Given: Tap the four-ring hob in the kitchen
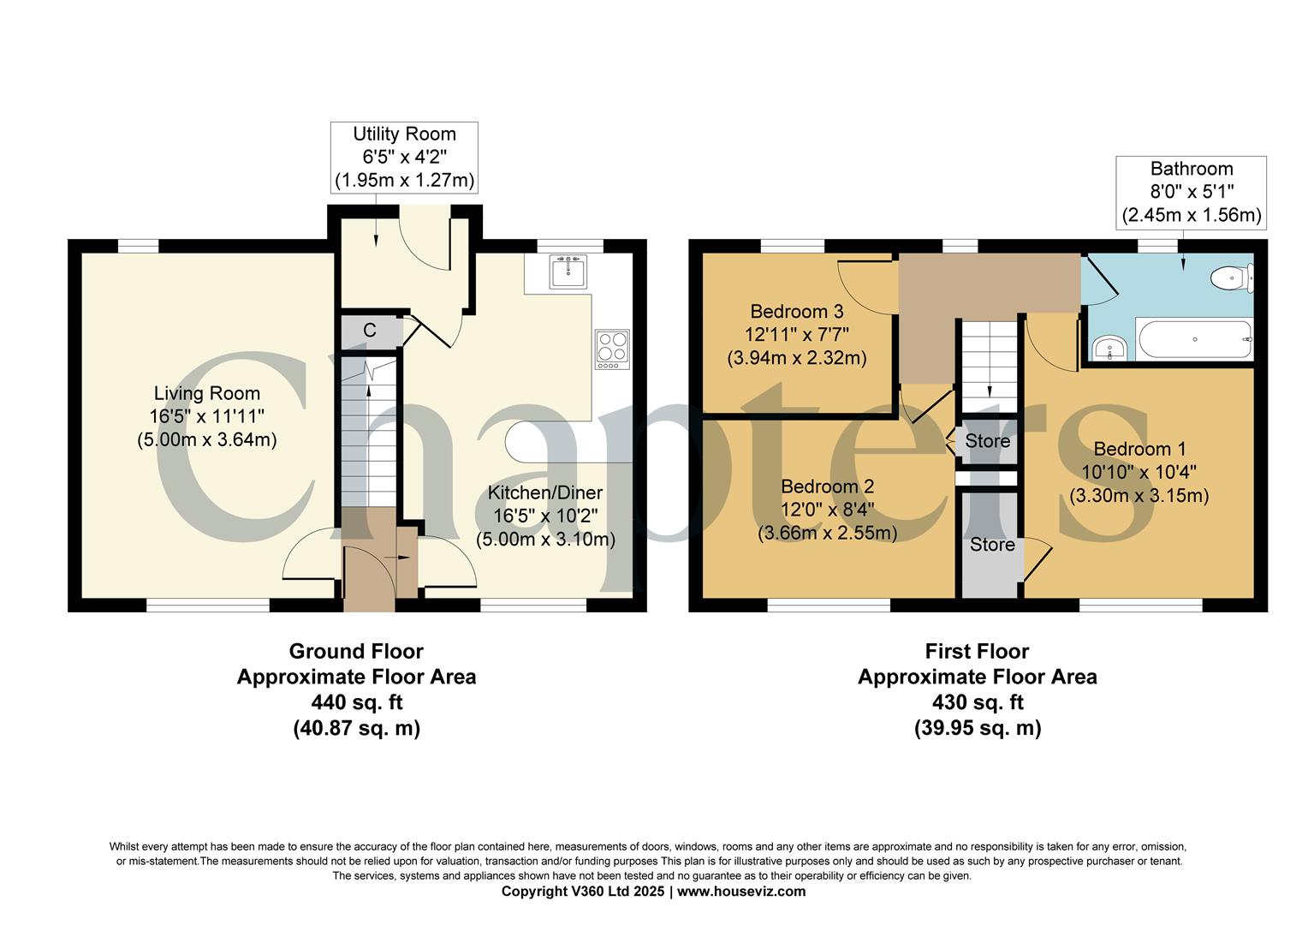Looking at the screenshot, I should pyautogui.click(x=612, y=349).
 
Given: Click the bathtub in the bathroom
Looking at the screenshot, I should pyautogui.click(x=1195, y=339).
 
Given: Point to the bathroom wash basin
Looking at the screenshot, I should pyautogui.click(x=1110, y=348).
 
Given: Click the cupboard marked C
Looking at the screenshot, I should pyautogui.click(x=370, y=331).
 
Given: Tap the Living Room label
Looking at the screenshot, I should pyautogui.click(x=207, y=393).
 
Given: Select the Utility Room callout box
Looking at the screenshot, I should pyautogui.click(x=404, y=158).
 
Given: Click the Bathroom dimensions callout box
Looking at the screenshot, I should pyautogui.click(x=1192, y=192).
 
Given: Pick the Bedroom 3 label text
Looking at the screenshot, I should pyautogui.click(x=797, y=311).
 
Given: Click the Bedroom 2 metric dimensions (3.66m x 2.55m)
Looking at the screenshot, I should pyautogui.click(x=827, y=533).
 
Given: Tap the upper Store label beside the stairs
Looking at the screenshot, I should pyautogui.click(x=987, y=441).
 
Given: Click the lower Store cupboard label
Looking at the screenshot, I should pyautogui.click(x=992, y=545).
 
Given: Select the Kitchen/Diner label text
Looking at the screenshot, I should pyautogui.click(x=545, y=492).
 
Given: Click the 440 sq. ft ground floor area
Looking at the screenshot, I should pyautogui.click(x=356, y=702).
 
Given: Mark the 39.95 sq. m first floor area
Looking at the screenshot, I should pyautogui.click(x=977, y=728).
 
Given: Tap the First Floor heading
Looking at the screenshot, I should pyautogui.click(x=977, y=651).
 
